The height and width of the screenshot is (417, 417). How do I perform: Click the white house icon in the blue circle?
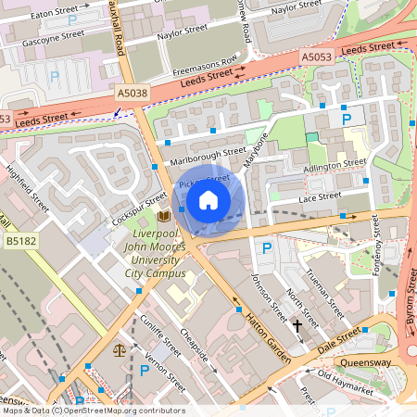pos(208,199)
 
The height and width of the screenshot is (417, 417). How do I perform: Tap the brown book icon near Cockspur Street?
pos(164,216)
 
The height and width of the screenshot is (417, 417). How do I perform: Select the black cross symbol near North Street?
pos(297,325)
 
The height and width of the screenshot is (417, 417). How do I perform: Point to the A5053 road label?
pos(317,57)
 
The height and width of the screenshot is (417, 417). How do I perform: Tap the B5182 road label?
pos(19,241)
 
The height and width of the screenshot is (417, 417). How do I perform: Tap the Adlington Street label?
pos(335,164)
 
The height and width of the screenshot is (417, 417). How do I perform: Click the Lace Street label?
pos(320,196)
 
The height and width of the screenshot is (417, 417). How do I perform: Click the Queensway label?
pos(366,363)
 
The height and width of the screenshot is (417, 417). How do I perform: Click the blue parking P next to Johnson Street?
pos(267,247)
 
